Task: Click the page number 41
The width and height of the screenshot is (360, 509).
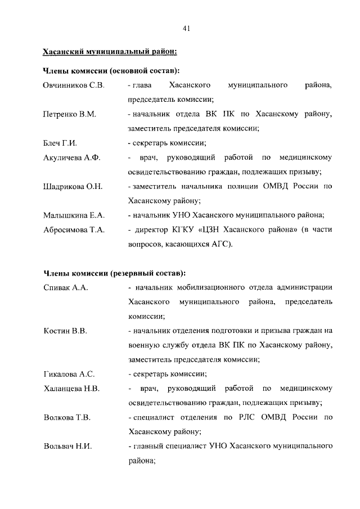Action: [x=186, y=28]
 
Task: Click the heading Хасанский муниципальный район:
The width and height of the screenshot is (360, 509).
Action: [x=110, y=53]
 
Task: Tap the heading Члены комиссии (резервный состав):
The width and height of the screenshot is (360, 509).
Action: [x=114, y=274]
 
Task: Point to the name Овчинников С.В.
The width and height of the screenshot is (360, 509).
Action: [x=74, y=85]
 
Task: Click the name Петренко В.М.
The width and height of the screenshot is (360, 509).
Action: [x=70, y=115]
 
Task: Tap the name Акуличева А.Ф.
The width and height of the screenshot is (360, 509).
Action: [x=71, y=158]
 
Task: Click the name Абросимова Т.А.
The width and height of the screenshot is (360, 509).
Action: [x=74, y=230]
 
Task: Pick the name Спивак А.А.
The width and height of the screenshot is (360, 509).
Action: [x=66, y=288]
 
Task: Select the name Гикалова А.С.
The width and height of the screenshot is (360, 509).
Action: [x=69, y=374]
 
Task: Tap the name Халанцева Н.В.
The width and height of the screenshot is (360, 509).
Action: [x=71, y=389]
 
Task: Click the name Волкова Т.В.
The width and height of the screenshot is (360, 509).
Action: [x=67, y=418]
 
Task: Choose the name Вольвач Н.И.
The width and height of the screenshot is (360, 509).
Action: [x=68, y=447]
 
